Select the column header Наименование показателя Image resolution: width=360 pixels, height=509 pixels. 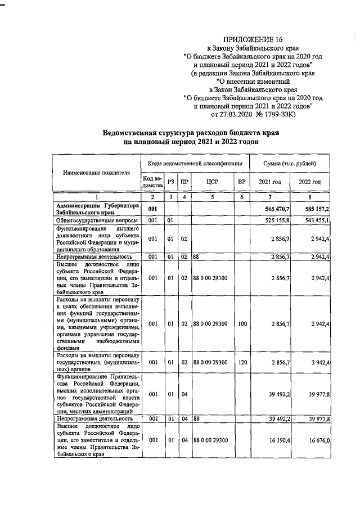(96, 173)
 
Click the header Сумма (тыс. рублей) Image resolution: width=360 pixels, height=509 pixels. (290, 163)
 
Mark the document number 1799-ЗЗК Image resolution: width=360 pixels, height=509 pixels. (285, 115)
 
